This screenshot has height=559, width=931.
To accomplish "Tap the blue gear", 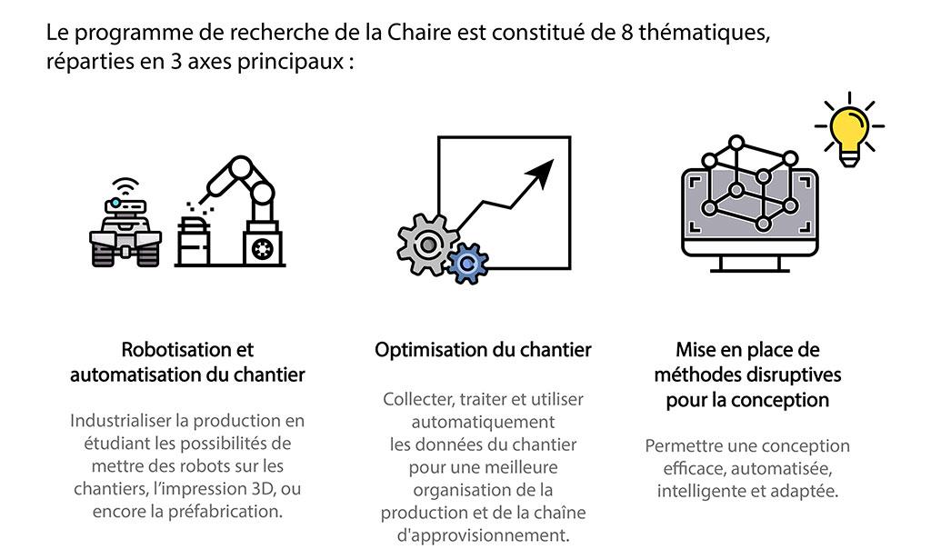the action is (468, 264).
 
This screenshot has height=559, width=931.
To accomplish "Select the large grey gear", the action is (427, 244).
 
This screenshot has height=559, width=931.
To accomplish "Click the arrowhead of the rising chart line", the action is (541, 172).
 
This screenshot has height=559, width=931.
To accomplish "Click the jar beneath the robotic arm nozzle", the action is (194, 241).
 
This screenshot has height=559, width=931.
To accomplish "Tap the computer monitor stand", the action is (749, 265).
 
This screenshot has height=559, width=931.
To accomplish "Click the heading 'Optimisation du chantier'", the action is (483, 350).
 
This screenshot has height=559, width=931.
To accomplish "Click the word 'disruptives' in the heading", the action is (793, 375).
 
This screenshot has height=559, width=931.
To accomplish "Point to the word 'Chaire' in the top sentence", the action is (419, 32).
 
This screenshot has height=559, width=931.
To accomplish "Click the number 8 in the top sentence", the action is (627, 32).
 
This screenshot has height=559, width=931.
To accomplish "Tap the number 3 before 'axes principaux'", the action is (175, 62).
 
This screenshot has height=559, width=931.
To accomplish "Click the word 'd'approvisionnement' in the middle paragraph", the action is (484, 535).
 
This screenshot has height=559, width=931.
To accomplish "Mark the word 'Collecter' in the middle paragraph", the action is (418, 399).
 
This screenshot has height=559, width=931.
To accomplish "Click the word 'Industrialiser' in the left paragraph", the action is (121, 421).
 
